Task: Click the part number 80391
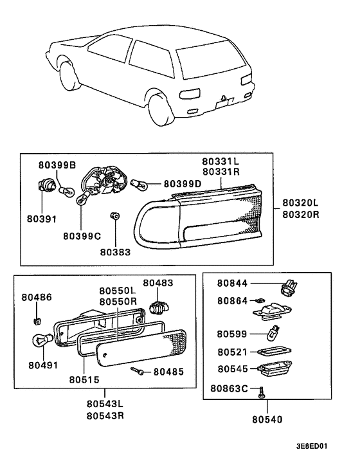(42, 219)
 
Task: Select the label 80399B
(58, 166)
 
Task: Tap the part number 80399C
(82, 236)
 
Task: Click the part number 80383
(114, 252)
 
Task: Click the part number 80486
(37, 297)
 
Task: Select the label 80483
(158, 283)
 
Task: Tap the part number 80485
(168, 372)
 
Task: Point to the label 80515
(84, 379)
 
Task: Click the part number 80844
(232, 283)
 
